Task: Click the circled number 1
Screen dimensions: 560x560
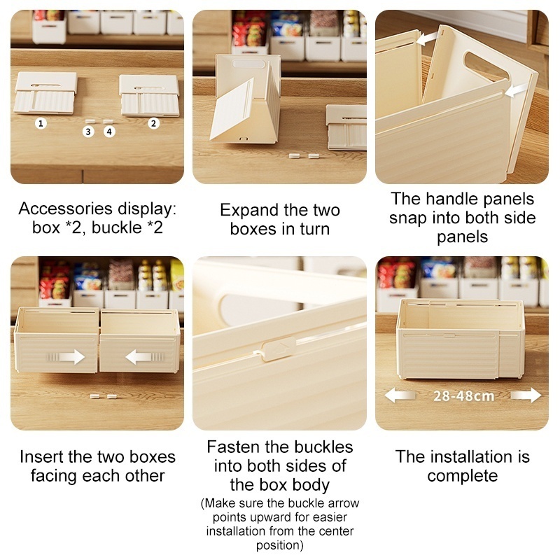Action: [x=41, y=124]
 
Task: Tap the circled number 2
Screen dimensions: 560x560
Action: [x=153, y=124]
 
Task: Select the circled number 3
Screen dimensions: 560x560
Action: [x=88, y=132]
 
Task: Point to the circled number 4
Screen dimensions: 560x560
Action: [x=109, y=132]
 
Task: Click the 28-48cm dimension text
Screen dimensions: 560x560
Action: [x=463, y=395]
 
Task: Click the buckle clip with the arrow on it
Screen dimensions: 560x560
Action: [x=279, y=348]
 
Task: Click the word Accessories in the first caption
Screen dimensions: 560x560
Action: [x=66, y=209]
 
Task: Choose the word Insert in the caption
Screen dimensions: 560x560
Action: [x=41, y=457]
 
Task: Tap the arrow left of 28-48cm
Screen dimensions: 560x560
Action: [x=400, y=395]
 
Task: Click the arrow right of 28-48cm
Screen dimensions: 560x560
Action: [x=526, y=395]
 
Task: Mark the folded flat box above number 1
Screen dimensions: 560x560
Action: [x=45, y=93]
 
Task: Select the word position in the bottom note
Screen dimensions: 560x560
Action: [x=279, y=545]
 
